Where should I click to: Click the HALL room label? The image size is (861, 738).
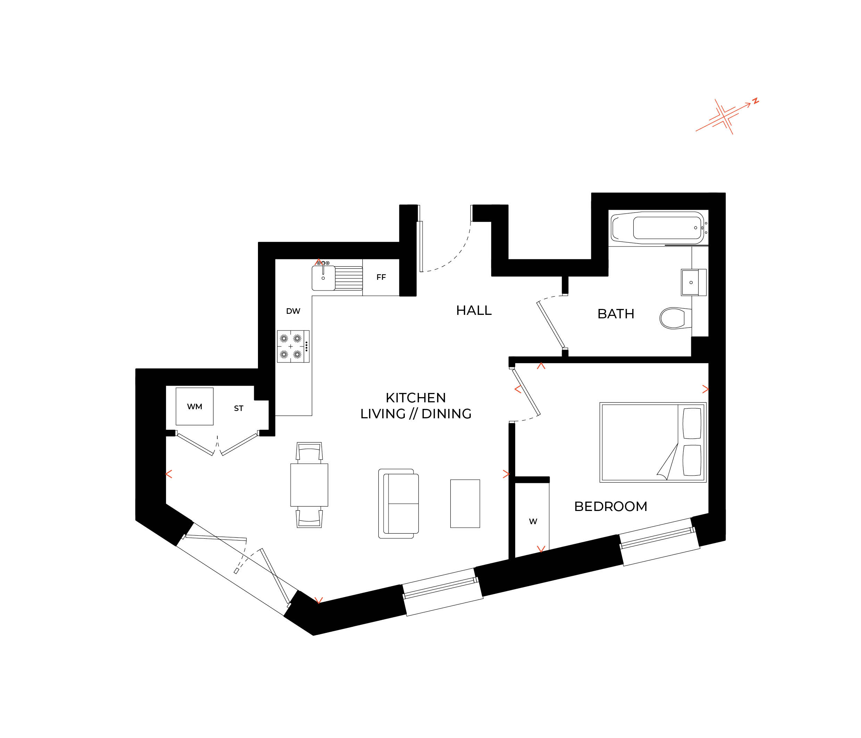[x=474, y=310]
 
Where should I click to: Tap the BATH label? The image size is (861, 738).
[x=616, y=314]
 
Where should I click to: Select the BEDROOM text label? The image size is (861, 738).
[x=610, y=506]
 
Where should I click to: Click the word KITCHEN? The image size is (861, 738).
[x=416, y=398]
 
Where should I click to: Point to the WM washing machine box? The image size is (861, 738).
[x=194, y=406]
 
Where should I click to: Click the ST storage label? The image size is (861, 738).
[x=239, y=409]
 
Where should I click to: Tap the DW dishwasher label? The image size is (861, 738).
[x=293, y=311]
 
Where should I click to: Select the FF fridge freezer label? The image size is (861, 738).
[x=381, y=277]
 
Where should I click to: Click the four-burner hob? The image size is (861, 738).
[x=293, y=346]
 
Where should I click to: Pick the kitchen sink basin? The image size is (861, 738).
[x=323, y=278]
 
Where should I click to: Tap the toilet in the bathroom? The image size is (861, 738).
[x=673, y=318]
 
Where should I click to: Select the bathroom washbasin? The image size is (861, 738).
[x=691, y=283]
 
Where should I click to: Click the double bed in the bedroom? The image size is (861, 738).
[x=652, y=442]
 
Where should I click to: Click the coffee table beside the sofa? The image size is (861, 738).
[x=465, y=504]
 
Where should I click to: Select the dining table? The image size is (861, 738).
[x=309, y=485]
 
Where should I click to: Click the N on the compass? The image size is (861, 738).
[x=756, y=101]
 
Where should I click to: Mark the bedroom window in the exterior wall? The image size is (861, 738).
[x=659, y=542]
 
